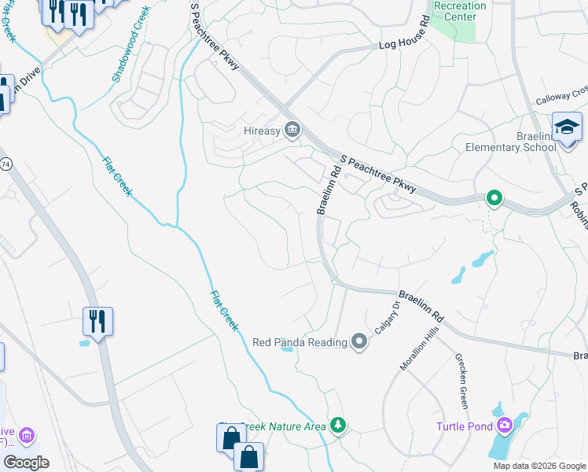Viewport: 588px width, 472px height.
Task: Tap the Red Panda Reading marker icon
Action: click(x=359, y=342)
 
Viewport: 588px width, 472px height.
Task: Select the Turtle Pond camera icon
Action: click(x=504, y=426)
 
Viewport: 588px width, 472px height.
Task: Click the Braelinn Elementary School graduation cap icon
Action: click(x=566, y=127)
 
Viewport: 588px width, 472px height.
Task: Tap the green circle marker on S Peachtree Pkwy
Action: click(x=494, y=198)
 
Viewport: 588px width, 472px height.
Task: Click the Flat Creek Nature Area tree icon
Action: click(x=338, y=425)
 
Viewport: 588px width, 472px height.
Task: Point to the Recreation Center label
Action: click(x=460, y=11)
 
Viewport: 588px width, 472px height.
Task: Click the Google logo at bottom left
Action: click(x=25, y=462)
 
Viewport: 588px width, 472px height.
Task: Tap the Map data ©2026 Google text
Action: click(x=538, y=466)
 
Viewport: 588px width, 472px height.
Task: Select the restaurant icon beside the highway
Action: click(x=98, y=322)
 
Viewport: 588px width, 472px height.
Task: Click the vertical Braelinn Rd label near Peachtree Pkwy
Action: click(x=328, y=190)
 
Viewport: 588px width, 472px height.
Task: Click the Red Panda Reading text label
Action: click(x=300, y=342)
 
